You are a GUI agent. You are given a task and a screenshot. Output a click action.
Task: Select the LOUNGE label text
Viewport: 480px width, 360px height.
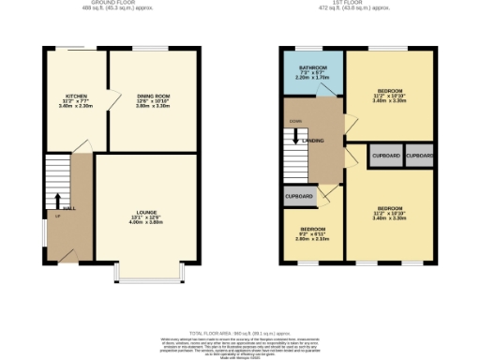[145, 214]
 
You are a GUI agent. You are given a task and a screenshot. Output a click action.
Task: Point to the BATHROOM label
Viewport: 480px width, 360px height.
[312, 68]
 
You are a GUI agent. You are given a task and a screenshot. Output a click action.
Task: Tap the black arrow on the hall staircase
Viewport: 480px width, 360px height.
[57, 201]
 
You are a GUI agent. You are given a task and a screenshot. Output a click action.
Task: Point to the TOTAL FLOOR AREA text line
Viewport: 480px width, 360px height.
[240, 333]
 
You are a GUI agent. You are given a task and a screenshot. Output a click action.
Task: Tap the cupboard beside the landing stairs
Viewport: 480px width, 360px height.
[300, 197]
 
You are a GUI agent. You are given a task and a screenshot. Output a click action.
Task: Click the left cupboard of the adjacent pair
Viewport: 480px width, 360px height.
[385, 156]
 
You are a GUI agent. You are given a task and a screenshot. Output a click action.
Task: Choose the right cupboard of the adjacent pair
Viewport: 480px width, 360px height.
[419, 156]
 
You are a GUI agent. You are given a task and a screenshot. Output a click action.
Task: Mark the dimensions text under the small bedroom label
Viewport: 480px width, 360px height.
[312, 238]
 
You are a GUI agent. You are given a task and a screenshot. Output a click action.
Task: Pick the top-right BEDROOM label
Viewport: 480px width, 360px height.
[389, 91]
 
